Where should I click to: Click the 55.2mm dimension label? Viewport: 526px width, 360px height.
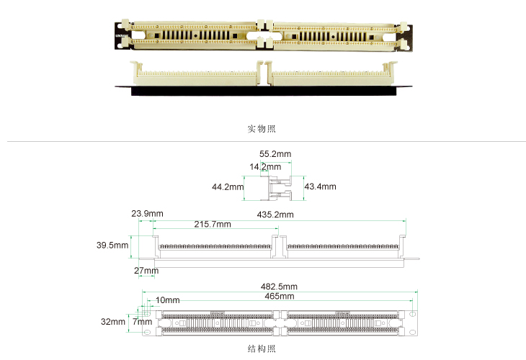tap(275, 154)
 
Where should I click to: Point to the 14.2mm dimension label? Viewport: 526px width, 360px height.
tap(265, 166)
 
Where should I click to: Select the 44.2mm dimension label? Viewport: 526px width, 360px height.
tap(228, 186)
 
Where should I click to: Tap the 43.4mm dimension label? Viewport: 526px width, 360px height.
tap(320, 186)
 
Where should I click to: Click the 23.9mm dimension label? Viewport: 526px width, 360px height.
tap(147, 214)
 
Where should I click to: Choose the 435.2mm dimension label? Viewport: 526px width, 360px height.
tap(275, 215)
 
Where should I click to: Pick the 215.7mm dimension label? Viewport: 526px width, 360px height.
tap(213, 224)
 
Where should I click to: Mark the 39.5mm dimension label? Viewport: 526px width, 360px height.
tap(112, 245)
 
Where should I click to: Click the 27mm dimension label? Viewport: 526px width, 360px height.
tap(146, 271)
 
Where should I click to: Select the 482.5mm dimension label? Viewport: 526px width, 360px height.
tap(279, 287)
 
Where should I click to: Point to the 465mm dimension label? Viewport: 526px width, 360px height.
tap(280, 297)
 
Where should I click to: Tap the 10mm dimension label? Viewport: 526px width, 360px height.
tap(167, 300)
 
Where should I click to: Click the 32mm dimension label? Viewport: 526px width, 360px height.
tap(113, 322)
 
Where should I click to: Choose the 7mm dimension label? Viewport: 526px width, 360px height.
tap(142, 322)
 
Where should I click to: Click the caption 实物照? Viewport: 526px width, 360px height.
tap(262, 129)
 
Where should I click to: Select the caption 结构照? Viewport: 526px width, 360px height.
tap(262, 348)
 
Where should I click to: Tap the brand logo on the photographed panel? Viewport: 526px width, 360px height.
tap(121, 35)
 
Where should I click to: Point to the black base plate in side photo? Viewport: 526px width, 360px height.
tap(263, 91)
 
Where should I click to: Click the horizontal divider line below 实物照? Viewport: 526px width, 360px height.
tap(267, 141)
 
